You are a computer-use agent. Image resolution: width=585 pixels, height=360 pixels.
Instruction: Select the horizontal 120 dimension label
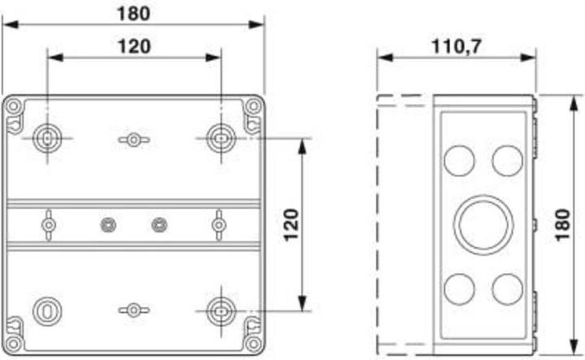(134, 46)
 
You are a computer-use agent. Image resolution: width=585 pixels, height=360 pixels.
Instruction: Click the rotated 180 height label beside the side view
(561, 224)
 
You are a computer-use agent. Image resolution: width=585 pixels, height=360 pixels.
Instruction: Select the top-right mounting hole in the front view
(219, 137)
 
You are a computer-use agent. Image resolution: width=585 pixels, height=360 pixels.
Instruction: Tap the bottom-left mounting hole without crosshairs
(45, 310)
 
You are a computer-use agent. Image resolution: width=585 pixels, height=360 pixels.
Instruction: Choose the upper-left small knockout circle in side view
(460, 158)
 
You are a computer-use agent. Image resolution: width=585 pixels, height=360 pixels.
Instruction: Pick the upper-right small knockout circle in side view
(507, 158)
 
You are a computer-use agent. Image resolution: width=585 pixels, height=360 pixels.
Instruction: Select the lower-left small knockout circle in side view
(460, 287)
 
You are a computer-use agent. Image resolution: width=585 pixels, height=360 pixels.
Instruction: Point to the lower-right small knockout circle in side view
(507, 287)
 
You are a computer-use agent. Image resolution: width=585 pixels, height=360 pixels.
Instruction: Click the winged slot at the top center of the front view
(133, 140)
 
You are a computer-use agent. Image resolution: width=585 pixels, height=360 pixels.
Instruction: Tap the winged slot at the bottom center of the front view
(133, 310)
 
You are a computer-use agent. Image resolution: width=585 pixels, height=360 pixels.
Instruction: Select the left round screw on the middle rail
(105, 223)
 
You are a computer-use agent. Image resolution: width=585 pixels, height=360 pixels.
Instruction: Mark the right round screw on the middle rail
(159, 223)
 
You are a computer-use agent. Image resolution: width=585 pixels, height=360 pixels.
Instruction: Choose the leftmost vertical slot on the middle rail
(49, 223)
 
